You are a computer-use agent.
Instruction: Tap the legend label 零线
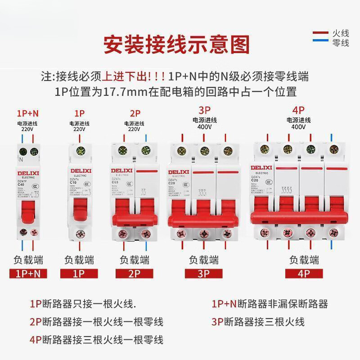(341, 43)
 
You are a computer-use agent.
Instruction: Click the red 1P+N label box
(28, 273)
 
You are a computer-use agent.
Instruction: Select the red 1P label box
(79, 273)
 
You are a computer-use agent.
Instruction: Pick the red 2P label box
(134, 273)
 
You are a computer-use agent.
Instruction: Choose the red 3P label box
(203, 273)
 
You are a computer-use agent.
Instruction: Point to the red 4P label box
(304, 273)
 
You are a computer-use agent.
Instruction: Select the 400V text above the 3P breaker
(205, 127)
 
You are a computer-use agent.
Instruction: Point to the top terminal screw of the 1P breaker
(79, 152)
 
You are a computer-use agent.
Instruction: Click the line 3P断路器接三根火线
(258, 322)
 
